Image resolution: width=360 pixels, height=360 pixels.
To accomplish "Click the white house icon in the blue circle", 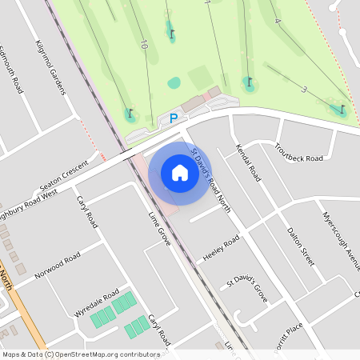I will [x=180, y=173].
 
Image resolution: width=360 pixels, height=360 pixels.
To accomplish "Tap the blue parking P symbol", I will [x=174, y=119].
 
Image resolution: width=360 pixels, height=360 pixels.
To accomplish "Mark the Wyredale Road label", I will [x=95, y=302].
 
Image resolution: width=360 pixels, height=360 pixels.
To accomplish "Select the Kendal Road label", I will [x=249, y=161].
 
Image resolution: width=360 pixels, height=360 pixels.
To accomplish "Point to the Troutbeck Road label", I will [x=298, y=152].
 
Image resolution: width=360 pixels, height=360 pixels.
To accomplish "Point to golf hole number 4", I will [x=277, y=22].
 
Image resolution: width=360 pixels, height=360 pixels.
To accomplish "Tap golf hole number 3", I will [x=304, y=90].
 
